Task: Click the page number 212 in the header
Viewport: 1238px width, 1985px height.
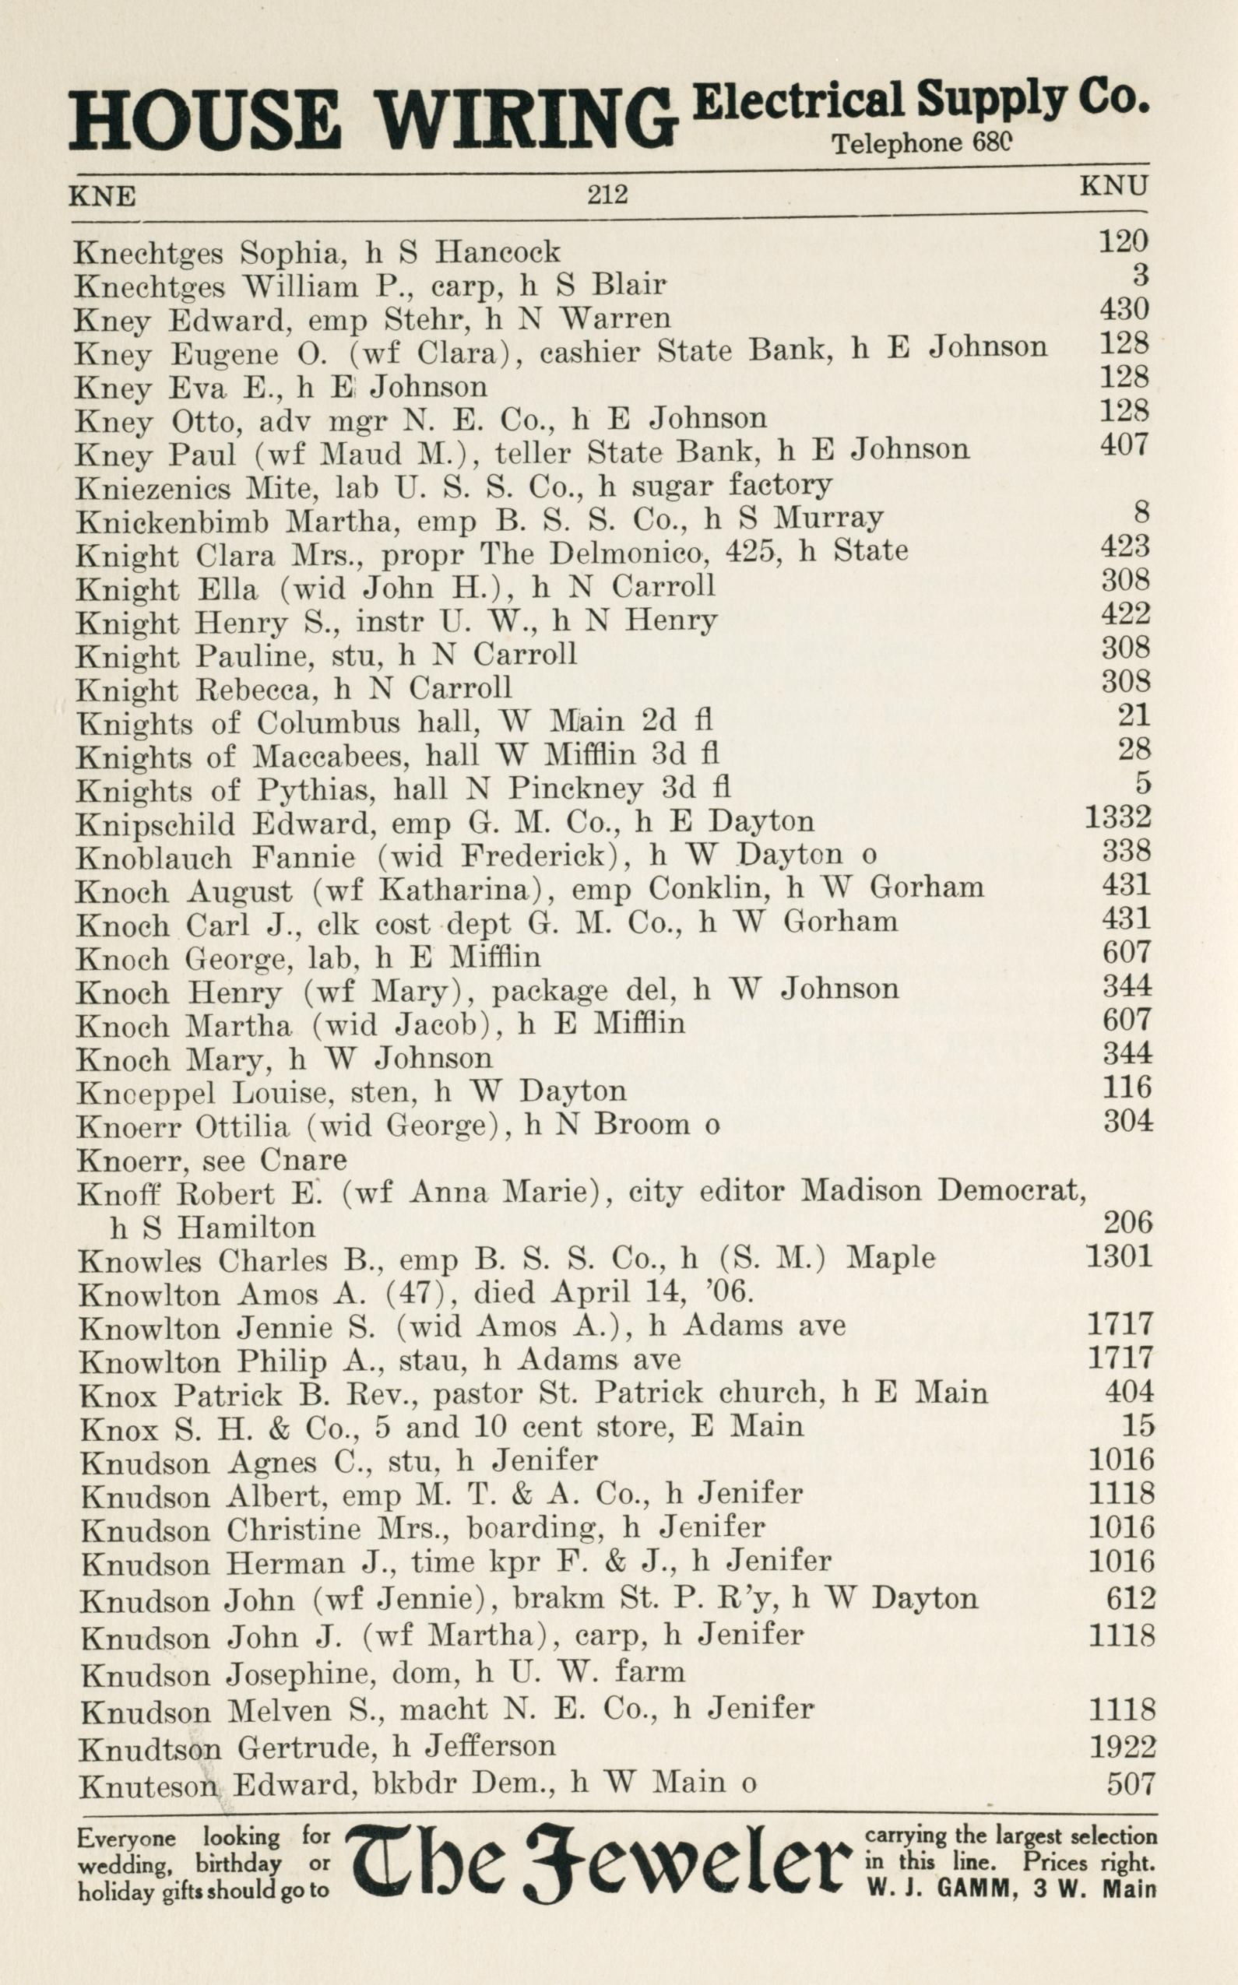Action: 607,195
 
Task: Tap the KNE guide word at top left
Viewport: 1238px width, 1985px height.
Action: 102,197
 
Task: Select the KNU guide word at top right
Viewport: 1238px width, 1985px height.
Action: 1113,186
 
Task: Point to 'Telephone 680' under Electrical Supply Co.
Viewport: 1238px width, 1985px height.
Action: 922,144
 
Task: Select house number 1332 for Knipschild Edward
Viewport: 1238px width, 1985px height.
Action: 1117,817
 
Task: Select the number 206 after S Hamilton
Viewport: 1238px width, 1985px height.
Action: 1127,1223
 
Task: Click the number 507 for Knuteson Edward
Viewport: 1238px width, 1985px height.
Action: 1131,1783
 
